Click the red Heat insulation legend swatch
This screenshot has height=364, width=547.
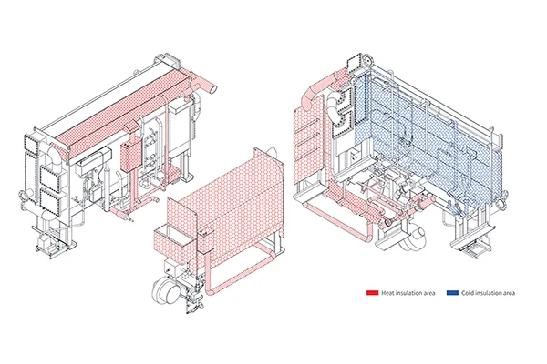point(372,293)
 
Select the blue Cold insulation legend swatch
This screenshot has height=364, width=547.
point(452,293)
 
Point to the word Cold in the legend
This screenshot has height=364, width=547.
point(468,293)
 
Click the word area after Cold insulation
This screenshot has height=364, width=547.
point(508,293)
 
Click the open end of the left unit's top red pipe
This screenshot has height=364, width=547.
point(212,89)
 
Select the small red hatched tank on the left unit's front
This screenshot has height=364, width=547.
point(130,156)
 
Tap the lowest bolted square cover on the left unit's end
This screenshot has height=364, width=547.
point(50,200)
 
